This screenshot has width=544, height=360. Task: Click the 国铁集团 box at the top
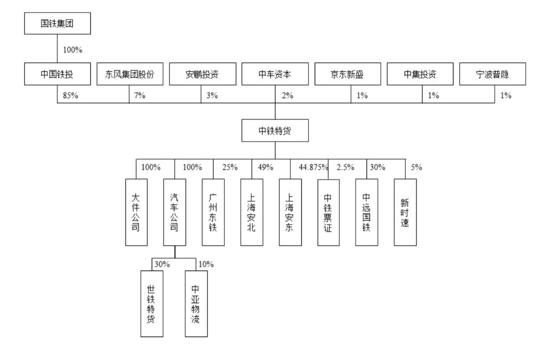point(58,23)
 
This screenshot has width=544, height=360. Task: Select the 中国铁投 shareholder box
point(58,74)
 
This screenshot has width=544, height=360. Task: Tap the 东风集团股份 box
point(130,74)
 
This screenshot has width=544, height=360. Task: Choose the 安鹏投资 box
point(203,74)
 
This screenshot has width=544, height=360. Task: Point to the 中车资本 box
point(275,74)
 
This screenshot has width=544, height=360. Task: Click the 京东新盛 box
point(348,74)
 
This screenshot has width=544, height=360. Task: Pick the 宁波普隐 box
point(493,74)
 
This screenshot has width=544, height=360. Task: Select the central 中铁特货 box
point(275,131)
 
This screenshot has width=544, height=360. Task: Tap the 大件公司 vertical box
point(136,213)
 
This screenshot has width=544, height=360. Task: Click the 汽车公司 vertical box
point(175,213)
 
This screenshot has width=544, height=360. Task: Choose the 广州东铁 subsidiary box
point(213,213)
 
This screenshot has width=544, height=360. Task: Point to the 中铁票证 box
point(328,213)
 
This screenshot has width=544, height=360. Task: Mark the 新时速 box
point(405,213)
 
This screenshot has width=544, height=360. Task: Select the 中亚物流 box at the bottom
point(196,304)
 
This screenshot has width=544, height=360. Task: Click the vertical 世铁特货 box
point(152,304)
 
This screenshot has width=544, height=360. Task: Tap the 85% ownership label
point(71,95)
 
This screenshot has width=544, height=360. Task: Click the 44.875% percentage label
point(313,167)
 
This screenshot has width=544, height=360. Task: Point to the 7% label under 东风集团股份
point(140,95)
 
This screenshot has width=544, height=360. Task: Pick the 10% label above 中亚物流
point(206,264)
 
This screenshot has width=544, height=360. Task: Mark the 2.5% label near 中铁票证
point(346,167)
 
